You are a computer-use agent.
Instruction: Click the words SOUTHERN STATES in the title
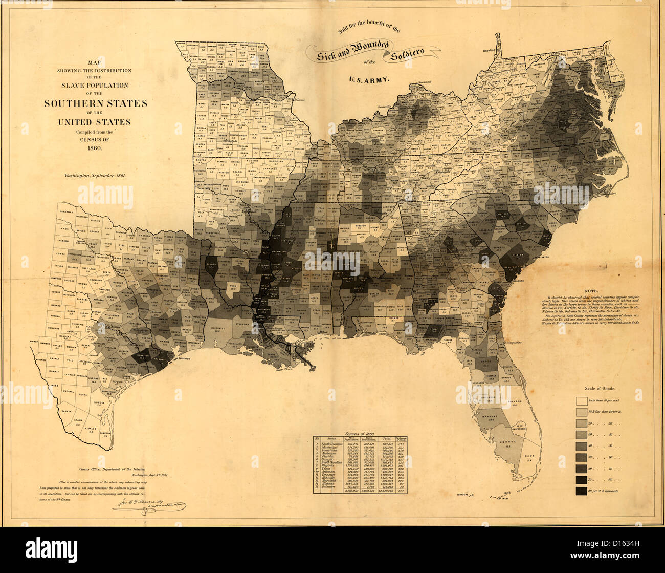click(95, 103)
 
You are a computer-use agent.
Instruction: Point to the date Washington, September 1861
click(95, 175)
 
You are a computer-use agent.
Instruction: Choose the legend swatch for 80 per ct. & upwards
click(582, 491)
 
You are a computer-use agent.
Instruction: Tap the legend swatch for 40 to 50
click(582, 446)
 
